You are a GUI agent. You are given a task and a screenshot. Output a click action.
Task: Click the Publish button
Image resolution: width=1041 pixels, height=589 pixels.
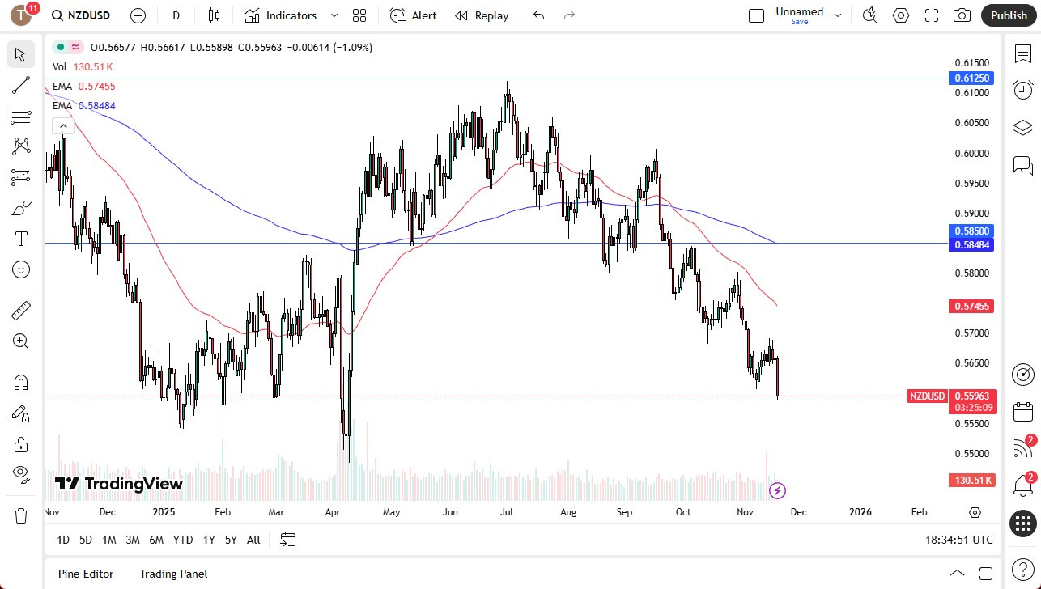1008,15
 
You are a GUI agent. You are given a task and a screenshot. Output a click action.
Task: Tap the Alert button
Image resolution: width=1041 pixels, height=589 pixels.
414,15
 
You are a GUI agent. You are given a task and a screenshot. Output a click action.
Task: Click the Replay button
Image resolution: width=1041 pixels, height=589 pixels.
482,15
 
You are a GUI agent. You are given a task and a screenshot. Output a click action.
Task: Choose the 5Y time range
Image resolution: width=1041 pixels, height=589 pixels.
231,540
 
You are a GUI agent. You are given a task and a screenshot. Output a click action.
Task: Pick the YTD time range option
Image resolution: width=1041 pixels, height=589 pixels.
183,540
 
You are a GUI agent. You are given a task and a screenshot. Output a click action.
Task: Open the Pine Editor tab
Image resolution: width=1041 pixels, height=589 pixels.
86,574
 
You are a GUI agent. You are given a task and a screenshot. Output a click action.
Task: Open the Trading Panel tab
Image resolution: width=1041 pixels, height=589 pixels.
173,574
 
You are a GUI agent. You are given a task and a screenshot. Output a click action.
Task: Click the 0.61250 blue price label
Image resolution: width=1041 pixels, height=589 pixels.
972,78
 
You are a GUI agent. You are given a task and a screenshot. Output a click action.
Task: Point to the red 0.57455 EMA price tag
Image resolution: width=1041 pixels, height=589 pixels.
972,306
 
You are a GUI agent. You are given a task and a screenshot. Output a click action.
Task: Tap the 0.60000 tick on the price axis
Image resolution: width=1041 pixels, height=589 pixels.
972,153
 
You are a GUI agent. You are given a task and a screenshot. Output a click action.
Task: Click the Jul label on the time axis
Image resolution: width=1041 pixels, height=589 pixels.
507,512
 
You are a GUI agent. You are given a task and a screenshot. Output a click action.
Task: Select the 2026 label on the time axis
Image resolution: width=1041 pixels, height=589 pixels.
860,512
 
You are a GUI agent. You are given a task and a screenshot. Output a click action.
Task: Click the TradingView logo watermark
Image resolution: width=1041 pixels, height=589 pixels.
119,484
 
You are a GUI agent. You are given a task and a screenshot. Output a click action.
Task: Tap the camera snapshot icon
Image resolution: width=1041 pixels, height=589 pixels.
962,15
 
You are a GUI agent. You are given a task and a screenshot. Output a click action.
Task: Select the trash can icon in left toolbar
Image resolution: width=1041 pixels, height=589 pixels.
21,515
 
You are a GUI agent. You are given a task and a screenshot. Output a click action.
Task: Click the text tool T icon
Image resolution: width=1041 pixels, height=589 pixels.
21,239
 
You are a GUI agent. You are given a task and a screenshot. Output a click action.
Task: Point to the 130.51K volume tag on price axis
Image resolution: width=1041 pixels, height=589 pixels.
972,481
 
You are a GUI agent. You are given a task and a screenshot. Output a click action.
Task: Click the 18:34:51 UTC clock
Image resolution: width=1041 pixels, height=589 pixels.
958,540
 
